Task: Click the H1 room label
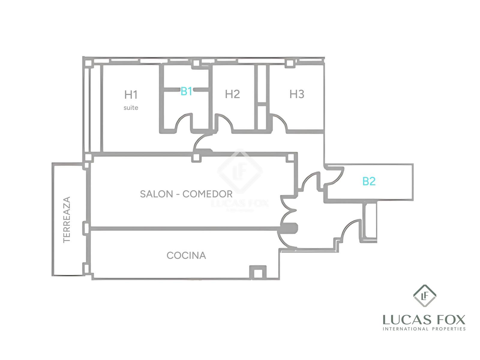pos(131,94)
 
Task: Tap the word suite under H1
pos(131,107)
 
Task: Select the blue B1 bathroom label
pos(186,91)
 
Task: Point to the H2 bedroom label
pos(232,94)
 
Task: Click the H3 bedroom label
pos(297,94)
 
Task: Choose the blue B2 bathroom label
pos(369,181)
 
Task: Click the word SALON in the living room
pos(156,194)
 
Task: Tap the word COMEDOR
pos(207,194)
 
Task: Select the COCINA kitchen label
pos(186,255)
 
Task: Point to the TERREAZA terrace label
pos(67,220)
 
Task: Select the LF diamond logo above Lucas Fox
pos(424,296)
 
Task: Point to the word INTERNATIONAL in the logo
pos(406,329)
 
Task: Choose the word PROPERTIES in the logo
pos(449,329)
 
